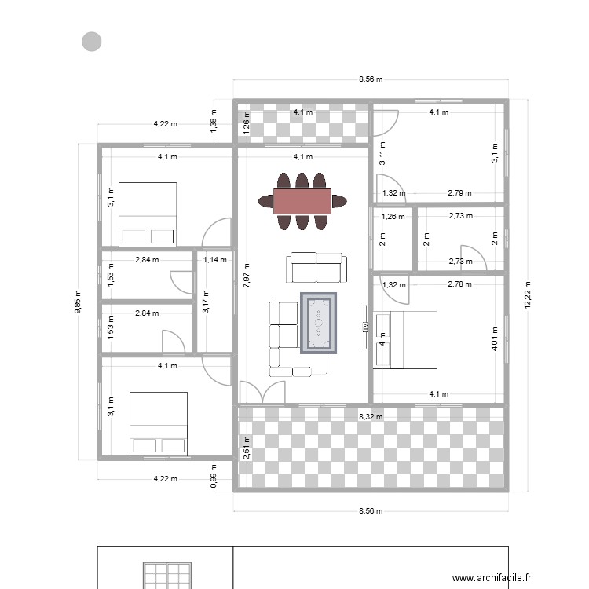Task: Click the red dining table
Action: (302, 201)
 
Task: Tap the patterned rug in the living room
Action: (319, 323)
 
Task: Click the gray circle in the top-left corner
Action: (92, 42)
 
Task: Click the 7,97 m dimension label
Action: (247, 276)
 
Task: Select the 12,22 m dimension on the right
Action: (528, 296)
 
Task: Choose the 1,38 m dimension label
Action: (213, 122)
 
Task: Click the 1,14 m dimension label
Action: (214, 259)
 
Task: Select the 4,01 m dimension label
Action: (495, 339)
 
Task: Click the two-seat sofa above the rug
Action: (317, 268)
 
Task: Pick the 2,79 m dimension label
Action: (460, 192)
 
